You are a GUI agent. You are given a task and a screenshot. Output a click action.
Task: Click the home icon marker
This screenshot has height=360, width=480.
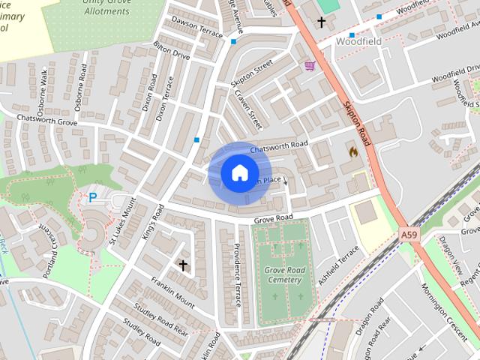[x=239, y=173]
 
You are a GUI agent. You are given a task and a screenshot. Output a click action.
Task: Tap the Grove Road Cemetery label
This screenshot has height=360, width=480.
[x=284, y=275]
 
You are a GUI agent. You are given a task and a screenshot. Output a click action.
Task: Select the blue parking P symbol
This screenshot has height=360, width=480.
[x=93, y=198]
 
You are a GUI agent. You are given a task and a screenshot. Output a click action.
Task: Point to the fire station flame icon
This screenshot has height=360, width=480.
[x=352, y=151]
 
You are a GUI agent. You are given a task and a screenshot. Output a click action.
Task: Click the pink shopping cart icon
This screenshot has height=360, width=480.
[x=309, y=66]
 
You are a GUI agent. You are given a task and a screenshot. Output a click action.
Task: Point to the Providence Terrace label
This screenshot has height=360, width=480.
[x=236, y=274]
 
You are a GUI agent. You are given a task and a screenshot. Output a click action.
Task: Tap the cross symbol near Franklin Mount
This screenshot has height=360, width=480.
[x=182, y=265]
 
